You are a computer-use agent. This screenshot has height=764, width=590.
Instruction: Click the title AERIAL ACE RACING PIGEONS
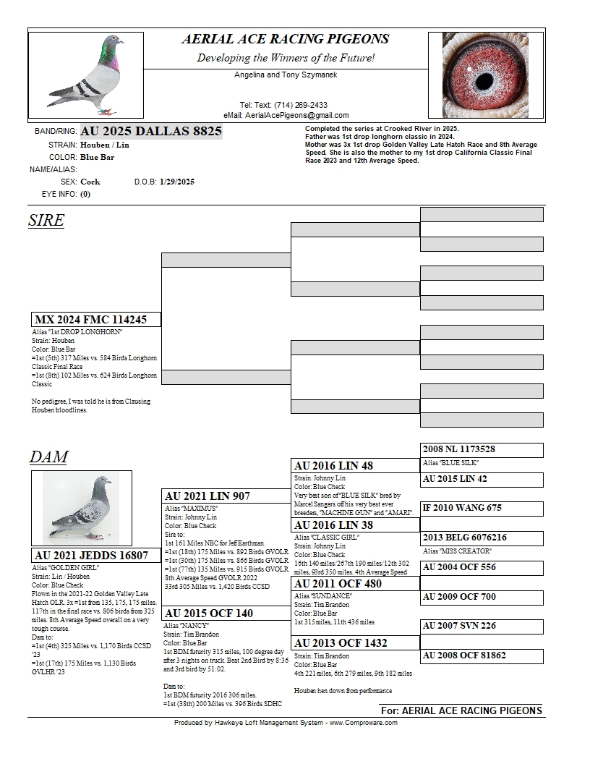pos(285,40)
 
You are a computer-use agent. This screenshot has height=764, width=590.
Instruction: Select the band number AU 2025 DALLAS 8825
pos(151,131)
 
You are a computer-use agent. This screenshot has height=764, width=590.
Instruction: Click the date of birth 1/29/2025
pos(177,182)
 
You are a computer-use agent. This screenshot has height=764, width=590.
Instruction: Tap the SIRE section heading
pos(46,221)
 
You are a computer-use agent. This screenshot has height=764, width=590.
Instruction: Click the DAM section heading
pos(48,457)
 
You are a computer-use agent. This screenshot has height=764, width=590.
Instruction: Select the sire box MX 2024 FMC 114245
pos(96,320)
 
